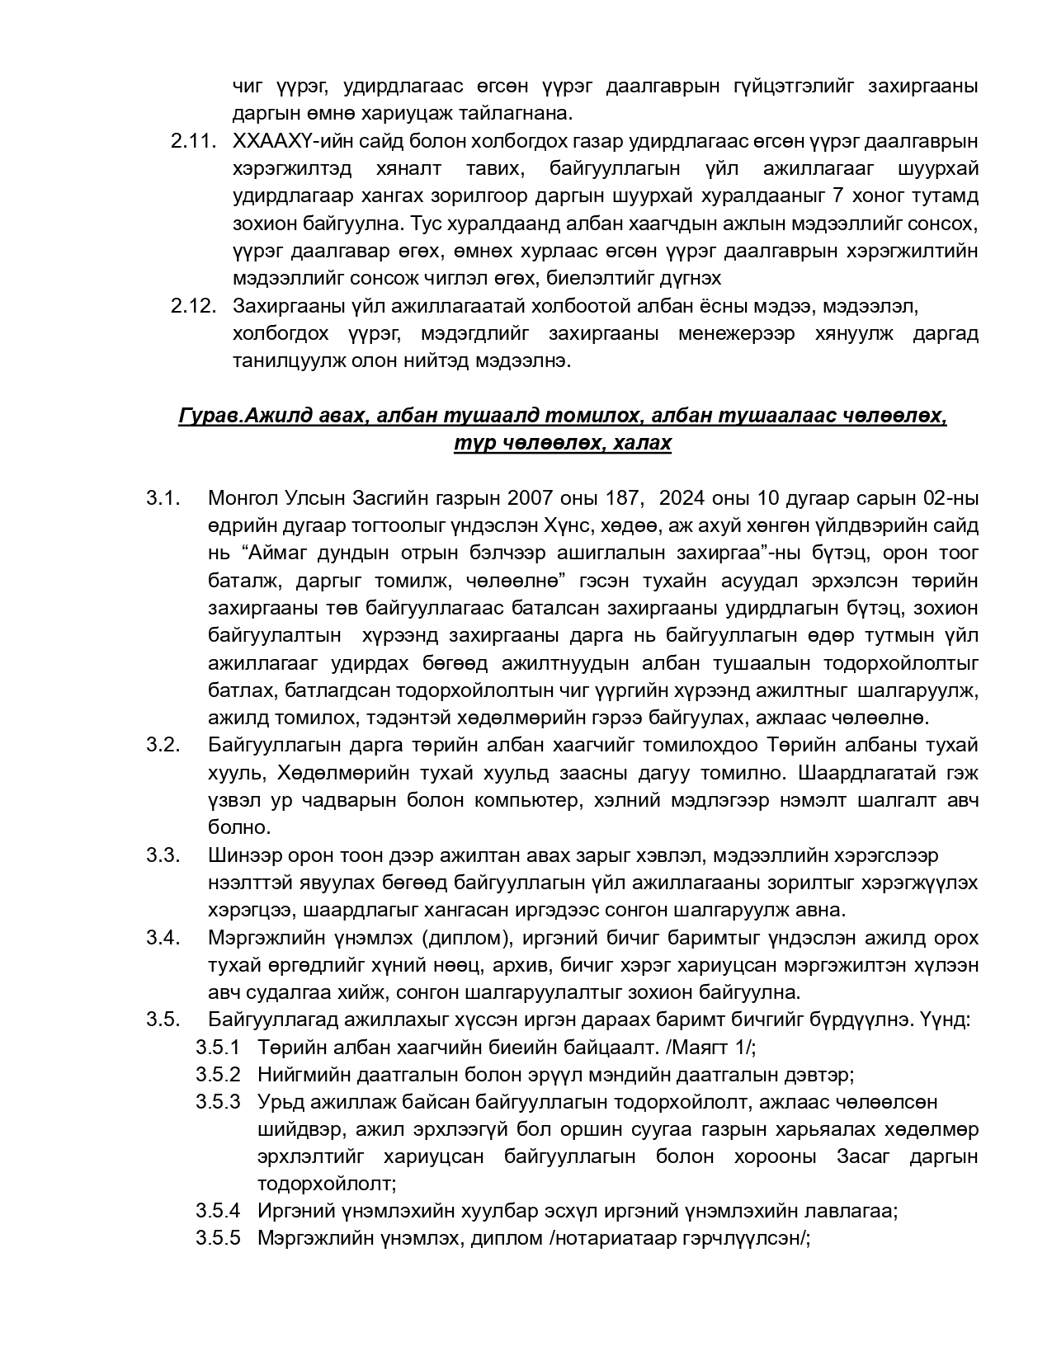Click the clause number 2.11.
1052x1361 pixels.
[x=193, y=141]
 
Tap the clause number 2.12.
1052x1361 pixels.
[x=193, y=306]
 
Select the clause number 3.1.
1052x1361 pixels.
[x=163, y=498]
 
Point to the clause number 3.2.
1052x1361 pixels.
[x=163, y=745]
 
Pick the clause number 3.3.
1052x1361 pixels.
[x=163, y=855]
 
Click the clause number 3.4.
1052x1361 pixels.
[x=163, y=938]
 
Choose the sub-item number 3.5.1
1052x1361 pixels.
[x=218, y=1048]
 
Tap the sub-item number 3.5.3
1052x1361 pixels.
[x=218, y=1102]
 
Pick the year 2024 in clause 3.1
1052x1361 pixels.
[x=682, y=498]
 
